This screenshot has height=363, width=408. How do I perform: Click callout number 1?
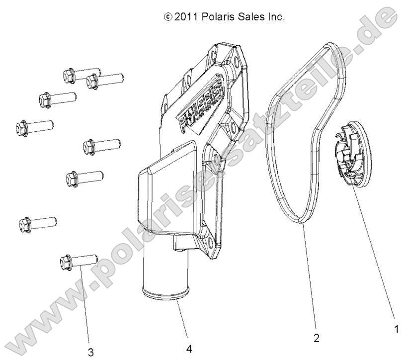coord(396,329)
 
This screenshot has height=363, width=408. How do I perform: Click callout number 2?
coord(316,338)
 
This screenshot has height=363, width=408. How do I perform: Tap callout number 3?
coord(90,353)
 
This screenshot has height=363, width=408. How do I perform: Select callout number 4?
coord(189,349)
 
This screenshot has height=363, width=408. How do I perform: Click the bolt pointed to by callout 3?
coord(79,262)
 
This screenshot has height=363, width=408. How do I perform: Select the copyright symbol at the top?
coord(168,17)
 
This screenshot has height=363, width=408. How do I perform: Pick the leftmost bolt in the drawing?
coord(35,128)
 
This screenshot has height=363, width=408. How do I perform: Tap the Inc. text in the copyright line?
coord(276,17)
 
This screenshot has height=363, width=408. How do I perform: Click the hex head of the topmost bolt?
coord(69,76)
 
